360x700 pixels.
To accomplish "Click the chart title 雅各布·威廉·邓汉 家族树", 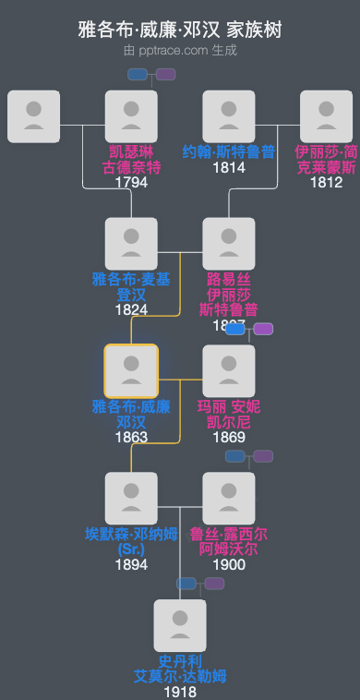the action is click(180, 30).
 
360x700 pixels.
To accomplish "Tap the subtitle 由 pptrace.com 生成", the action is click(180, 50).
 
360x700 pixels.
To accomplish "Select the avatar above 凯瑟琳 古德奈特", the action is click(131, 116).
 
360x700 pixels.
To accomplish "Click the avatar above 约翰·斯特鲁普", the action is click(228, 116).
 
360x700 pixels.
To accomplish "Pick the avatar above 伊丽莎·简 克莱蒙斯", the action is click(326, 116).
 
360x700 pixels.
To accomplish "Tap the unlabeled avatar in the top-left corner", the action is click(33, 116).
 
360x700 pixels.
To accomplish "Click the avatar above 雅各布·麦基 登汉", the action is click(131, 244).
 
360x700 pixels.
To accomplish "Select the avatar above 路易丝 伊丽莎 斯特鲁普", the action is click(228, 244).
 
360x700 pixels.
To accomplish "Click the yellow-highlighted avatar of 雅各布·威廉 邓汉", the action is click(131, 371).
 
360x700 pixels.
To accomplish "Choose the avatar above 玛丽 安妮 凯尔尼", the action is click(228, 371).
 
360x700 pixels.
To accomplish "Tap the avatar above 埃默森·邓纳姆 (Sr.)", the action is click(131, 499).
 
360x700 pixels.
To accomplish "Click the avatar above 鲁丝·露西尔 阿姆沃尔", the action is click(228, 499).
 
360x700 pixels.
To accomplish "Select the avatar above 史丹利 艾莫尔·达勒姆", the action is click(180, 626).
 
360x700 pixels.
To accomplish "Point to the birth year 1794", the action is click(131, 183).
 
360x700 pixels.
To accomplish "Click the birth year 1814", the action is click(228, 168).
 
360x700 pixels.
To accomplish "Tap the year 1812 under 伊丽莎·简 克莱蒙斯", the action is click(326, 183).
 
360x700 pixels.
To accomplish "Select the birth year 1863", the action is click(131, 437).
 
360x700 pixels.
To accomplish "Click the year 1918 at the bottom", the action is click(180, 692).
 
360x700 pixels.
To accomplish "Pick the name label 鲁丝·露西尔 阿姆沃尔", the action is click(228, 542).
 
